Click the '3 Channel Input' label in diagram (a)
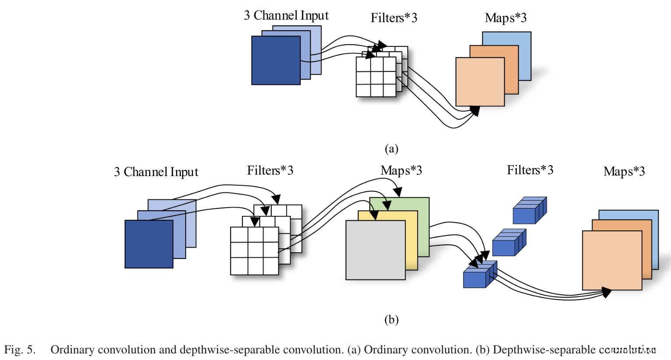(286, 15)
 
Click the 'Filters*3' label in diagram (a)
(393, 18)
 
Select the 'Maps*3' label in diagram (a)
(506, 18)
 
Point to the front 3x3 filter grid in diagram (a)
(376, 77)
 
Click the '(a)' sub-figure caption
(391, 149)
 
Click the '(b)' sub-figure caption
(391, 320)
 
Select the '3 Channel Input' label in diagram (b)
(156, 172)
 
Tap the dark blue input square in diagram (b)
(149, 244)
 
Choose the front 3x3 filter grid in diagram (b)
(254, 251)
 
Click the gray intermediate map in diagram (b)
(375, 250)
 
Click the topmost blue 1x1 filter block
(529, 211)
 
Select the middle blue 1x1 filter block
(508, 244)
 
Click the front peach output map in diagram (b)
(611, 260)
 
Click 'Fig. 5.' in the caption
(20, 350)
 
